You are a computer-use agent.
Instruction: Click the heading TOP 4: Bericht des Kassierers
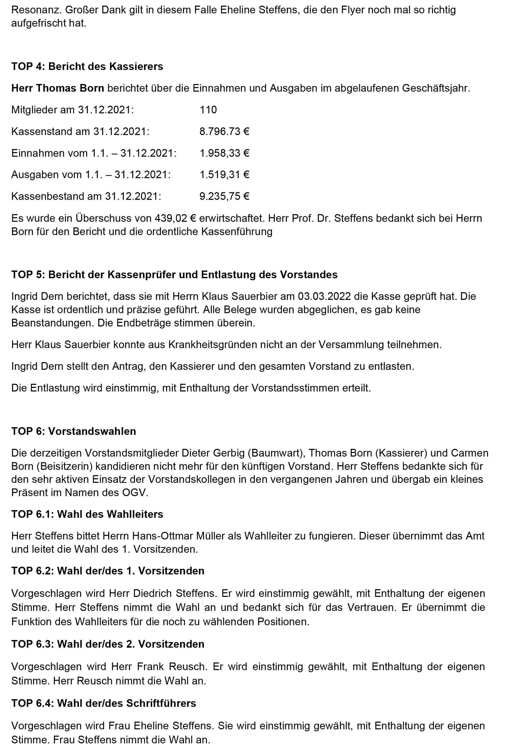pyautogui.click(x=87, y=66)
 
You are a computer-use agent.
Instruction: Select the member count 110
pyautogui.click(x=208, y=110)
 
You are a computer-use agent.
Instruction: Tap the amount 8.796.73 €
pyautogui.click(x=224, y=131)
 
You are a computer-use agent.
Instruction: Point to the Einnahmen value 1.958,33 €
pyautogui.click(x=224, y=153)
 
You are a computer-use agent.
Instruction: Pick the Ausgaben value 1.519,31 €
pyautogui.click(x=224, y=175)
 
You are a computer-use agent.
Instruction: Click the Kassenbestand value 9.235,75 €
pyautogui.click(x=224, y=196)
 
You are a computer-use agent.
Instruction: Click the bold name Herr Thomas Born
pyautogui.click(x=58, y=88)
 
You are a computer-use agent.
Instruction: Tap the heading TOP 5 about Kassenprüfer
pyautogui.click(x=174, y=274)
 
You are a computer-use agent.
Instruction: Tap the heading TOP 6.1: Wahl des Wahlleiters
pyautogui.click(x=87, y=514)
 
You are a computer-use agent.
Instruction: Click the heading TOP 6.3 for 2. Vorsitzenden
pyautogui.click(x=108, y=644)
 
